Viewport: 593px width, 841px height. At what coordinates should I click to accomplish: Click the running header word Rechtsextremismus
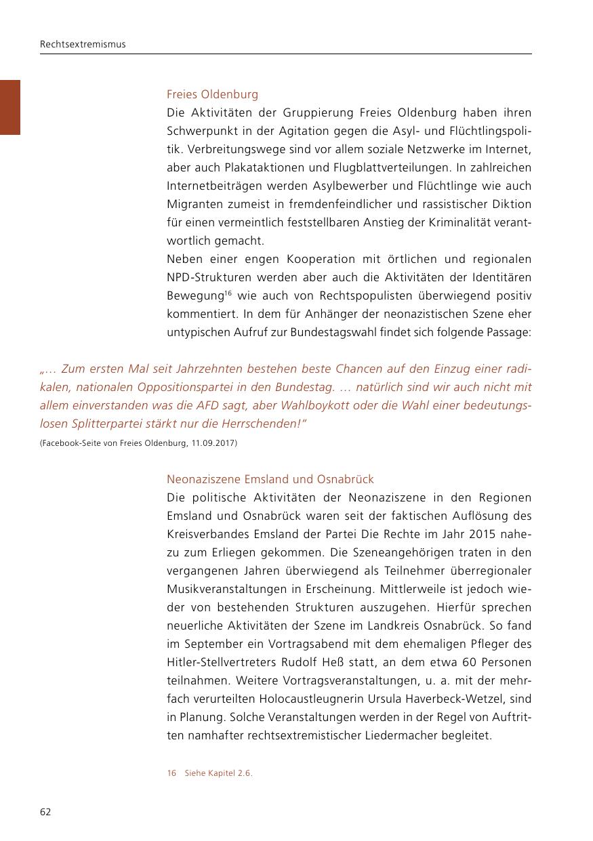click(x=83, y=45)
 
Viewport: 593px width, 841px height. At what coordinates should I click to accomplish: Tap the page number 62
click(x=45, y=812)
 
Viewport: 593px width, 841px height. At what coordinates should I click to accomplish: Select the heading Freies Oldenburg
click(x=212, y=94)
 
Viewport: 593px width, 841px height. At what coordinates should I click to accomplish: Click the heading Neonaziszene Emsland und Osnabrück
click(x=270, y=479)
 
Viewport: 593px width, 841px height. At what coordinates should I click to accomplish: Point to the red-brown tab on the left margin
click(x=10, y=107)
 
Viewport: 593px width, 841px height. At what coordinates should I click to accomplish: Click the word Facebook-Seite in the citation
click(x=70, y=443)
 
